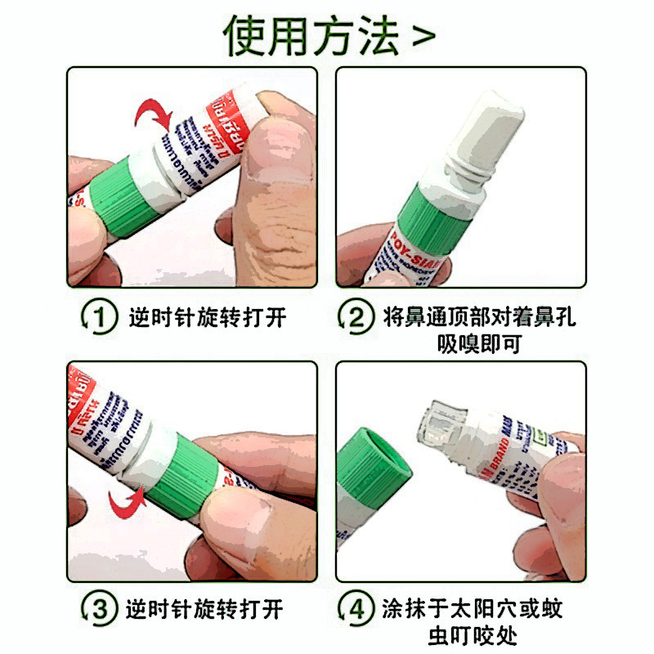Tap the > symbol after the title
click(423, 37)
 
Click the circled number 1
click(99, 316)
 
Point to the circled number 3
click(99, 609)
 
